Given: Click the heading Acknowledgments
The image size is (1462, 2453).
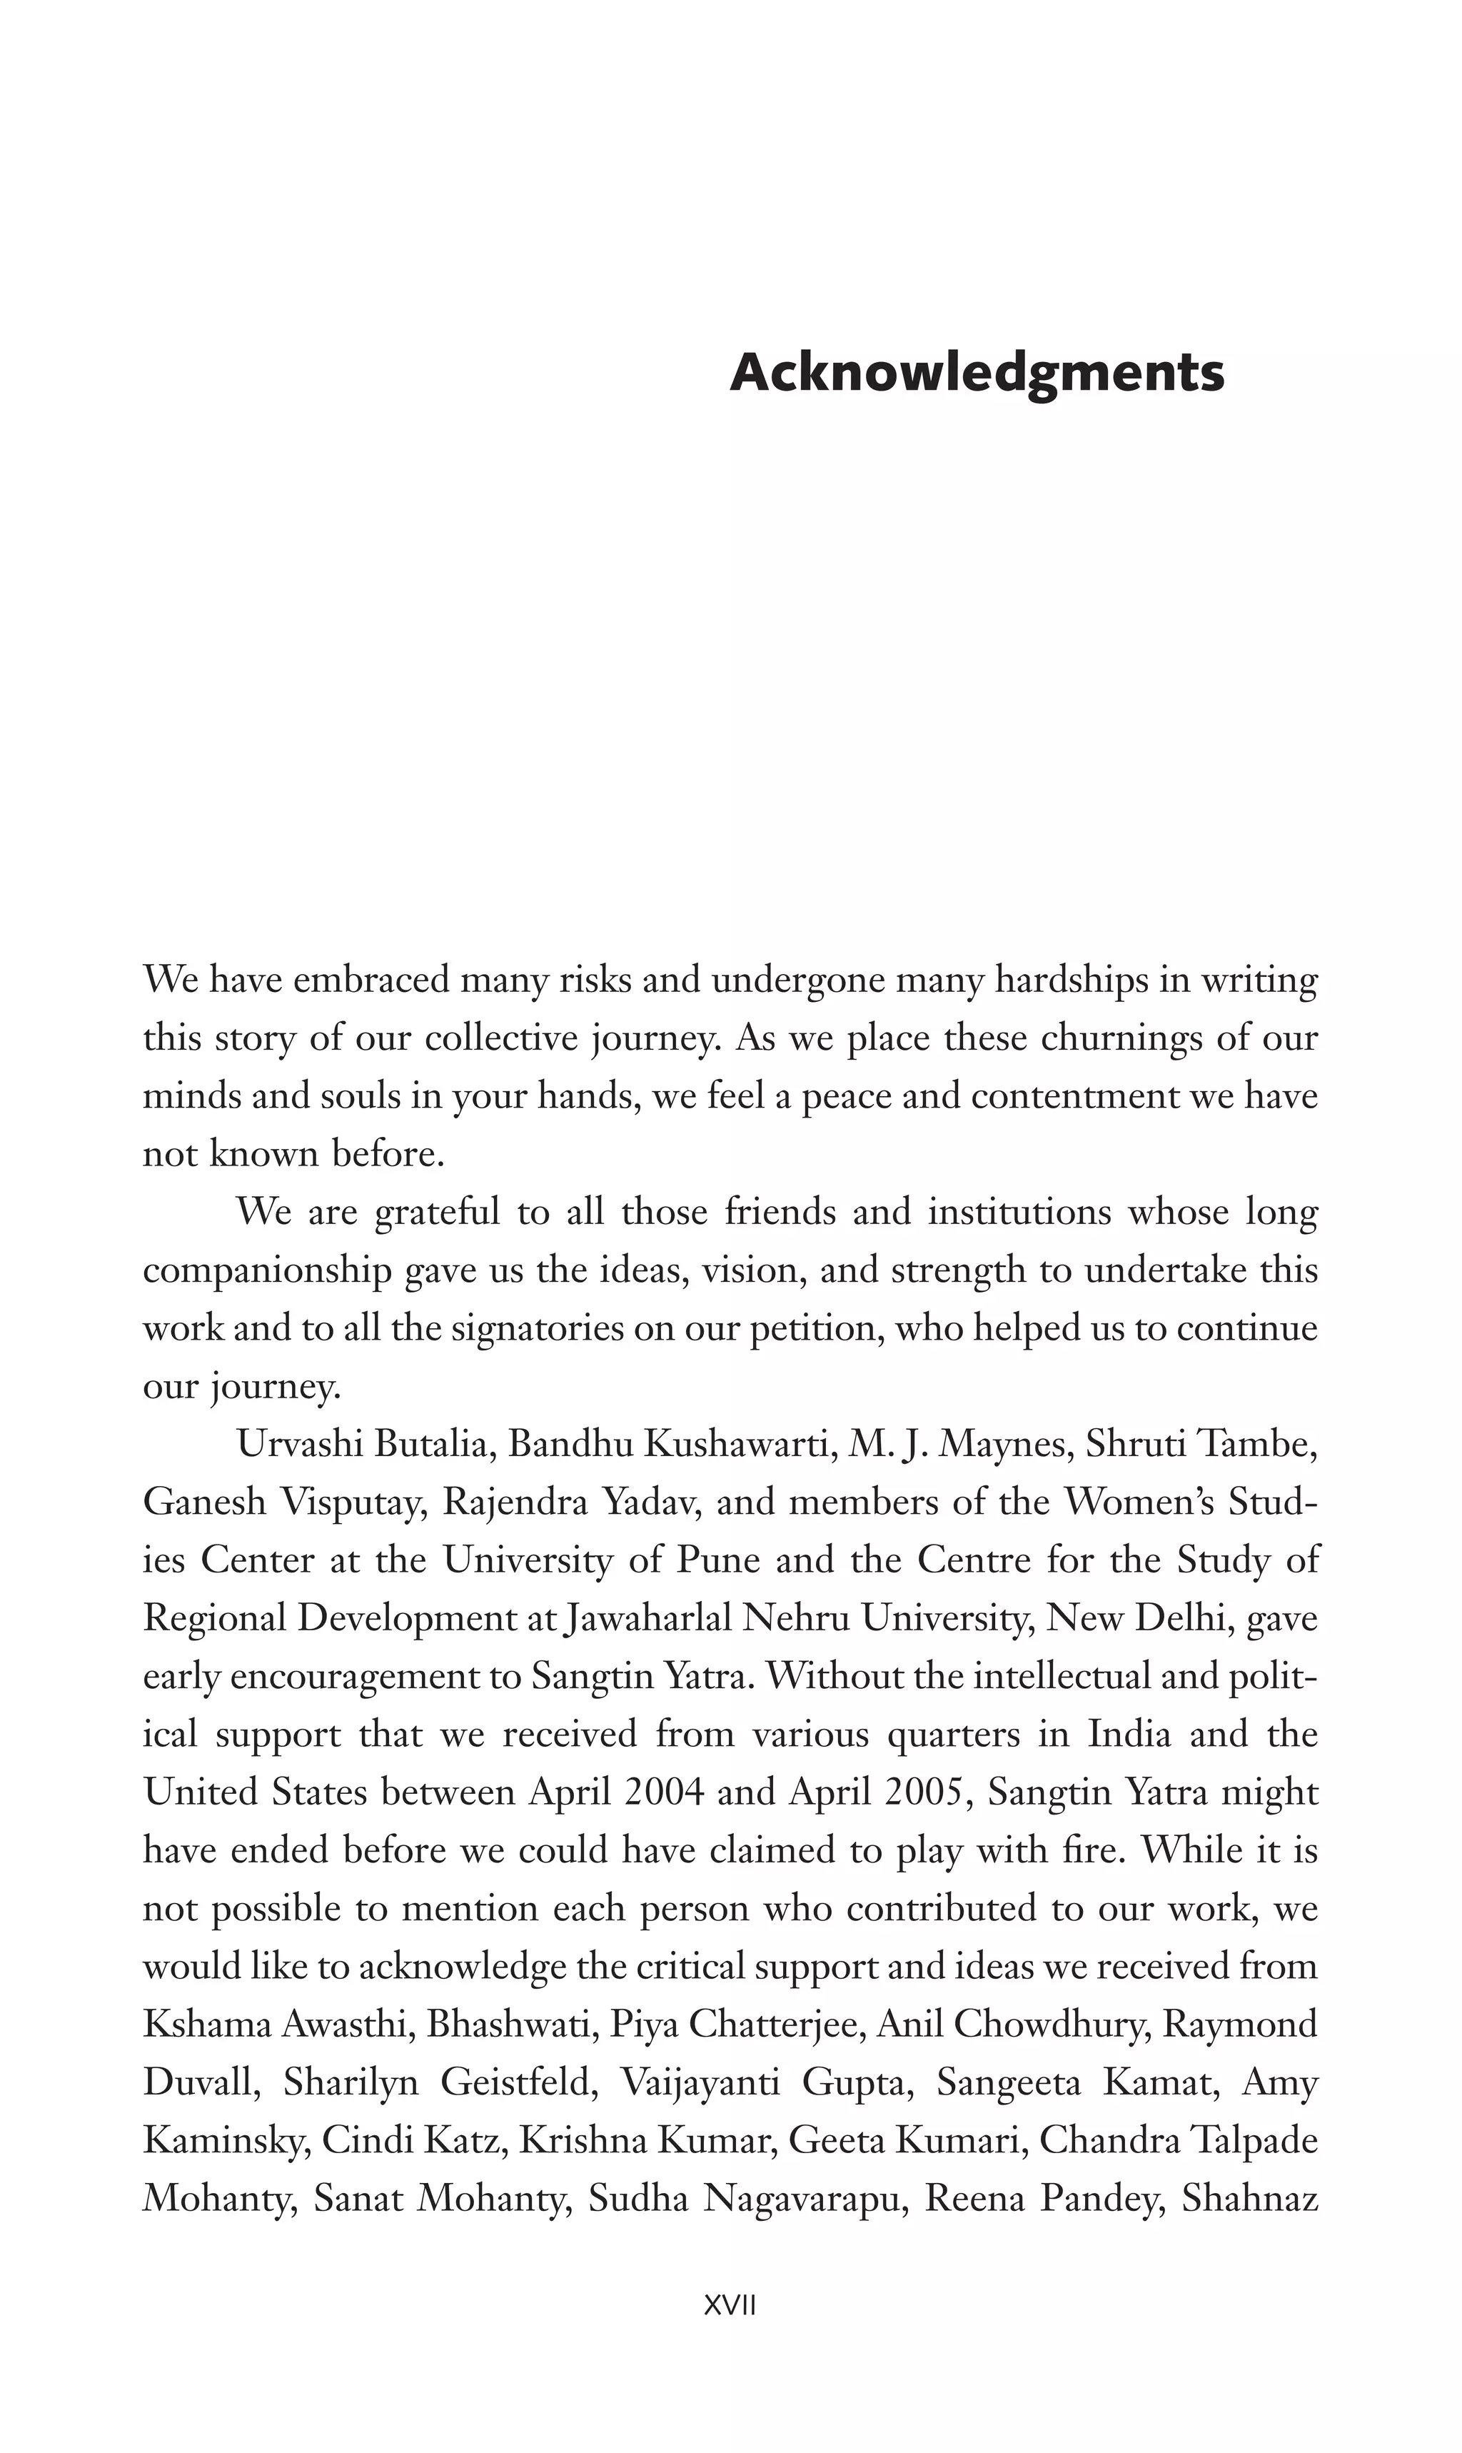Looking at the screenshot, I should tap(977, 373).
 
